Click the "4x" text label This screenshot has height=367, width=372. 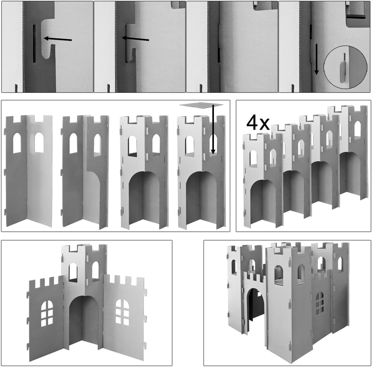pos(258,123)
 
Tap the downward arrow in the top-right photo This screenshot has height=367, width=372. pos(316,59)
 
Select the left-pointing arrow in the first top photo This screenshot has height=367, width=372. pos(58,39)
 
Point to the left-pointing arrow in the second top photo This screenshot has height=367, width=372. pos(135,39)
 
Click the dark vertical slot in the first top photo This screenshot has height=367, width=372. pos(34,44)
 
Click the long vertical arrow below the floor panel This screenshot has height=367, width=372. pos(213,130)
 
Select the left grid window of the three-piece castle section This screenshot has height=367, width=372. pos(47,314)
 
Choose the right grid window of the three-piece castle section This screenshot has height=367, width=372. pos(122,312)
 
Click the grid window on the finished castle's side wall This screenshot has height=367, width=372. pos(320,303)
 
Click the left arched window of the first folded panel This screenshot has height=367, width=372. pos(17,143)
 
